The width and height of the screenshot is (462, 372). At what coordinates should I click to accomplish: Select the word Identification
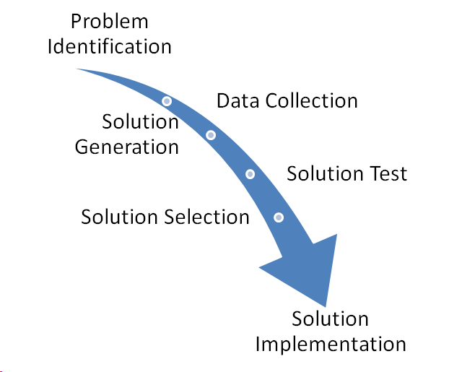pos(110,47)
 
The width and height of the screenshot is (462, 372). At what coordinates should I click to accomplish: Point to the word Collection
pos(311,100)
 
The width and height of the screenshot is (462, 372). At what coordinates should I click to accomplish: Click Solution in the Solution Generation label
pos(140,121)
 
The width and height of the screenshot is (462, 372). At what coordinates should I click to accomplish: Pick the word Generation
pos(127,147)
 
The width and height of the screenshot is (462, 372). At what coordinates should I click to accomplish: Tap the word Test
pos(388,173)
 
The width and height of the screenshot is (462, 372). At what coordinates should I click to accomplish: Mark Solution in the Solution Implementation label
pos(330,319)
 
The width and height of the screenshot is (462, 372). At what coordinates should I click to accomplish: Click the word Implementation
pos(331,343)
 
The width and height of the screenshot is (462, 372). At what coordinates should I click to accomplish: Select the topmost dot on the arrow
pos(167,101)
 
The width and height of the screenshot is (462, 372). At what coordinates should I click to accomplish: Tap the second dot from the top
pos(211,135)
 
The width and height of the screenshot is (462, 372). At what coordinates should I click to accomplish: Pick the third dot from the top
pos(250,174)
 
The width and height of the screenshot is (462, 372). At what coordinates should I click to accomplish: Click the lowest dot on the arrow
pos(279,217)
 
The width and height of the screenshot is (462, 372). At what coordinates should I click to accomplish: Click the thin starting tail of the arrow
pos(81,69)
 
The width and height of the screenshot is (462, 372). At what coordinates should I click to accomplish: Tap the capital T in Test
pos(374,173)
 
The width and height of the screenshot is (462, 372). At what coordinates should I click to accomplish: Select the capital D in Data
pos(224,100)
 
